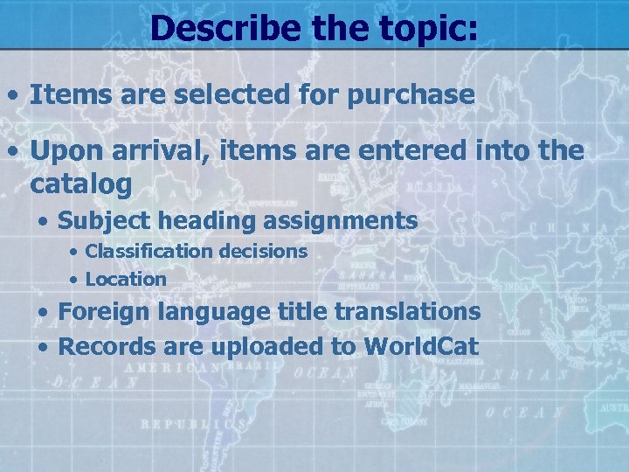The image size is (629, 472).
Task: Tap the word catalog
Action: tap(81, 184)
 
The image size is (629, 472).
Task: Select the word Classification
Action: tap(149, 251)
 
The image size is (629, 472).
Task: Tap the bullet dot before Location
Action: tap(75, 280)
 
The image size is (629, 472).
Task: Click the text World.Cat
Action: tap(421, 346)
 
